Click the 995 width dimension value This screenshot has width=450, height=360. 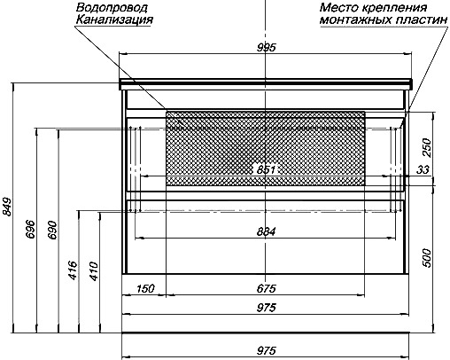point(266,47)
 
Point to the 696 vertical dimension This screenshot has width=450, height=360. point(30,229)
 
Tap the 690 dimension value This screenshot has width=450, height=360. point(52,230)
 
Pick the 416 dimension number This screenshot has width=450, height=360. point(73,270)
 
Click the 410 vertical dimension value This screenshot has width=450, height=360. point(94,270)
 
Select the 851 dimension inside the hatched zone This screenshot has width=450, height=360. point(266,169)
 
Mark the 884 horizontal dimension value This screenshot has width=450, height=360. point(266,231)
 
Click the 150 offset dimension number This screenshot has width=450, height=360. point(145,288)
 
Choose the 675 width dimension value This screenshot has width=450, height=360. point(266,288)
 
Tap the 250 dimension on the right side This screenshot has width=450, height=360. point(427,147)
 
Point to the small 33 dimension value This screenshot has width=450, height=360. point(423,169)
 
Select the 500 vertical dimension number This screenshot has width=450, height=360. point(427,258)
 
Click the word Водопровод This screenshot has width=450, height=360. point(112,8)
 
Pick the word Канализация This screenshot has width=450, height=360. point(114,20)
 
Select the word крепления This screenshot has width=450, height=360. point(394,8)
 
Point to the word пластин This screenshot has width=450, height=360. point(418,20)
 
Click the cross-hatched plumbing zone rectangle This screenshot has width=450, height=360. point(266,148)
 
